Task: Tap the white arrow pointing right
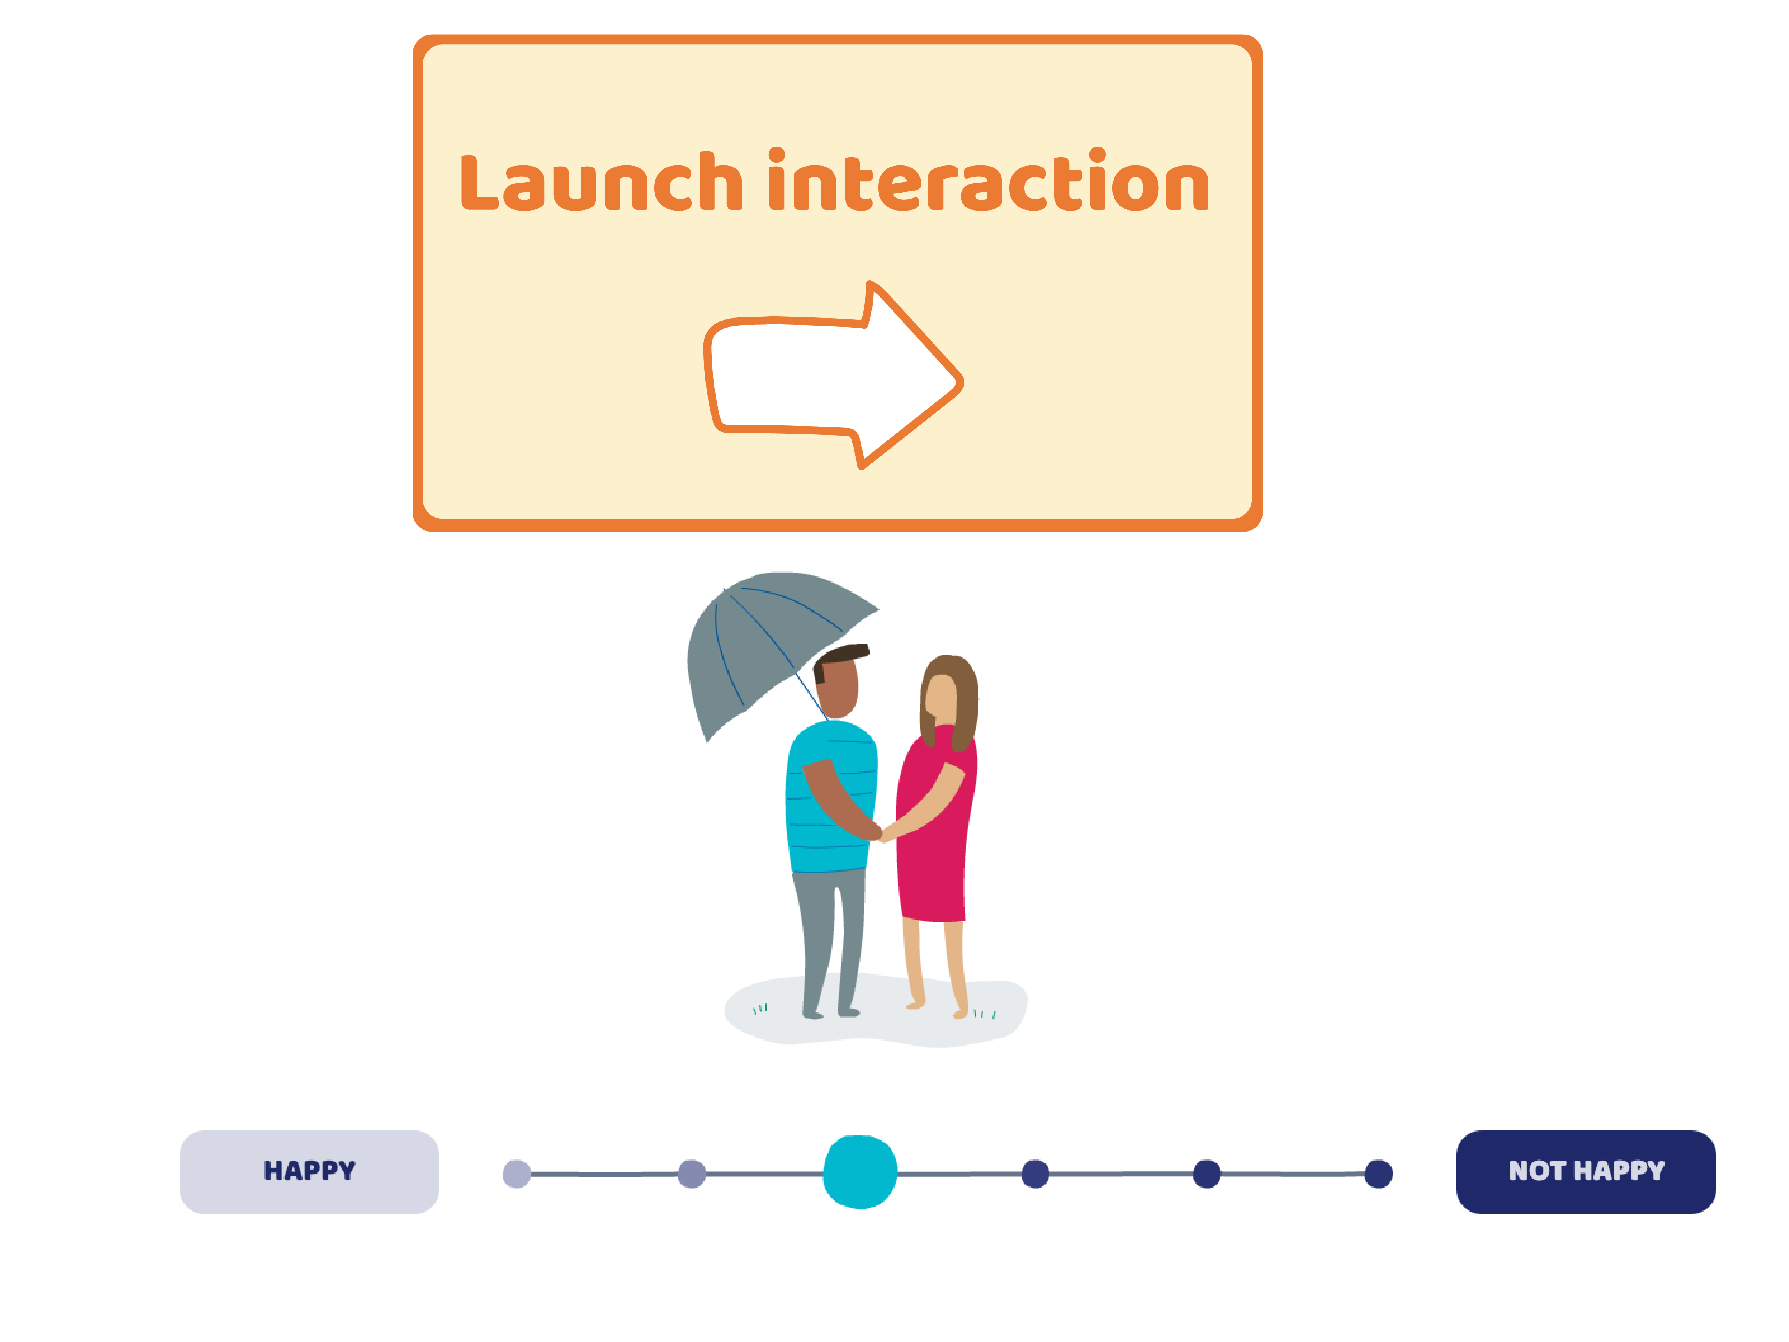click(x=833, y=376)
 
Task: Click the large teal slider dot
click(x=860, y=1172)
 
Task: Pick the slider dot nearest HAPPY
click(x=517, y=1174)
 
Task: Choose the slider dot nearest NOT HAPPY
click(x=1378, y=1174)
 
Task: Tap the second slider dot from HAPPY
click(x=691, y=1174)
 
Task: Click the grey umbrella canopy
click(x=752, y=639)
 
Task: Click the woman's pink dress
click(x=934, y=858)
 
